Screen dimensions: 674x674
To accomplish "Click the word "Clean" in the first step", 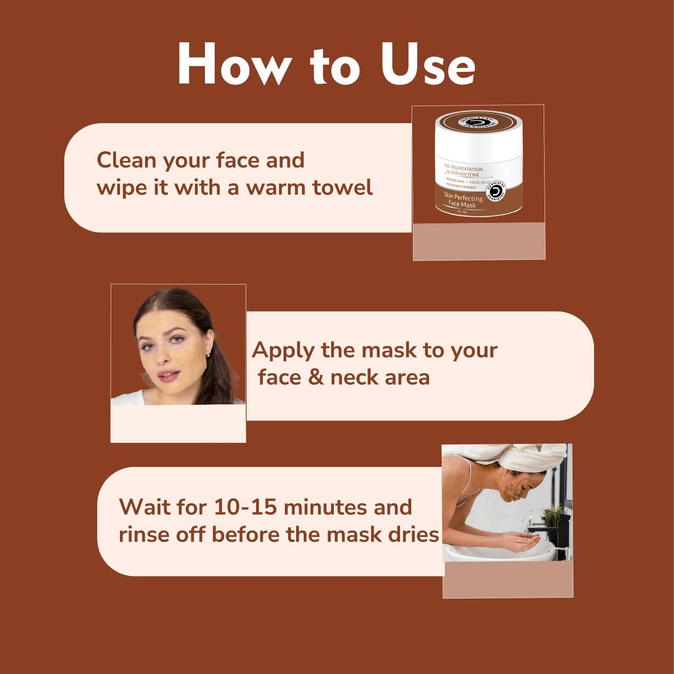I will (x=126, y=160).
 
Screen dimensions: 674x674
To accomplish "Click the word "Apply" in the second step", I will (x=283, y=351).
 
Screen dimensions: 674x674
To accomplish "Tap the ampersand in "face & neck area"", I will (x=316, y=377).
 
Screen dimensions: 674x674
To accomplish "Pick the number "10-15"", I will (x=245, y=507).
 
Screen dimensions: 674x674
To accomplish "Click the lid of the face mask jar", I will (x=479, y=123).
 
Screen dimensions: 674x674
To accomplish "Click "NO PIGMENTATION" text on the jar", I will (x=464, y=168).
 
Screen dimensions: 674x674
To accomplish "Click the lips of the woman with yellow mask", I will (x=168, y=375).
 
